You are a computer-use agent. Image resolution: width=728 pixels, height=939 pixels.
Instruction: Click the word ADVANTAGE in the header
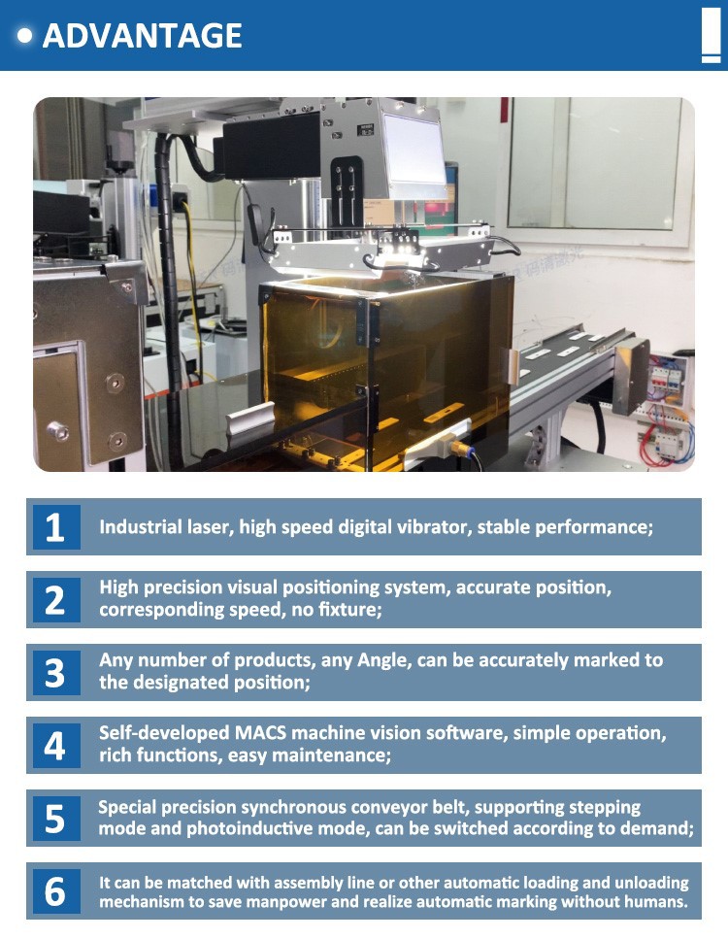pos(143,35)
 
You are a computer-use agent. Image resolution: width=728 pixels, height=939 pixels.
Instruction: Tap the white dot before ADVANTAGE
pos(25,35)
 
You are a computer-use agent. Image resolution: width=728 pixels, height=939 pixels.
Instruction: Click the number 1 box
pos(54,527)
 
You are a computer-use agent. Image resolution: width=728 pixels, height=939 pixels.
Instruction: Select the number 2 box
pos(54,600)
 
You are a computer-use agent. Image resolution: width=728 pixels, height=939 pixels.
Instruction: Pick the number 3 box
pos(54,673)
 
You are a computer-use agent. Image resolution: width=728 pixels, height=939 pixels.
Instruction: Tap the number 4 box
pos(54,746)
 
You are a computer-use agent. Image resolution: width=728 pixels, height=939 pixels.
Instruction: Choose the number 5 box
pos(54,819)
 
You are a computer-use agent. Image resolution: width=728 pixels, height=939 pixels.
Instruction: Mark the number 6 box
pos(54,891)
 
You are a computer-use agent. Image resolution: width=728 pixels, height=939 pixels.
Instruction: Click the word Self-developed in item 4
pos(164,733)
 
